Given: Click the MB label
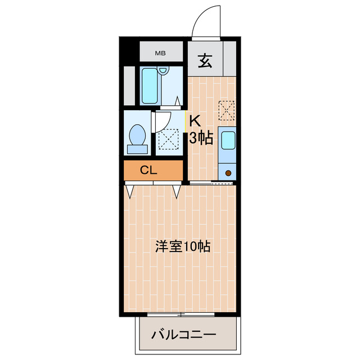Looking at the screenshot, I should tap(161, 54).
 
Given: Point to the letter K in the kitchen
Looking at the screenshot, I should tap(195, 120).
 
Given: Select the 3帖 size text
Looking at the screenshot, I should tap(201, 138).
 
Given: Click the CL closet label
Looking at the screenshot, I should tap(148, 170).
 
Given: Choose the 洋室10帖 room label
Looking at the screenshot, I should tap(183, 246).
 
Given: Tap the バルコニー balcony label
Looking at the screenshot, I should tap(183, 335).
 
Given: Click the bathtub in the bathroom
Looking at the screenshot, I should tap(149, 86).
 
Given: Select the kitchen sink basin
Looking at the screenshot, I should tap(228, 140).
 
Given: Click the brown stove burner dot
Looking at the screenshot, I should tap(228, 173).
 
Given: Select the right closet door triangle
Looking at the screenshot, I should tap(177, 191).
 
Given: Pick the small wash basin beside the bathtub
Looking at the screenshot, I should tap(164, 71).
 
